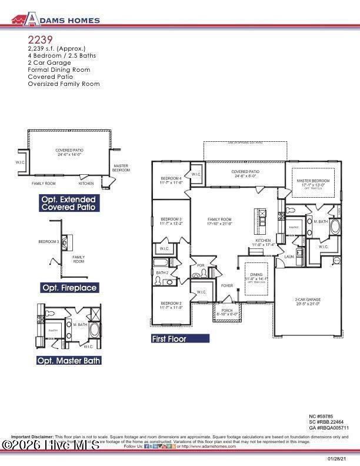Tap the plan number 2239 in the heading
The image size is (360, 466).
point(39,39)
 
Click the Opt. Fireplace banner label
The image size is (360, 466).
point(69,288)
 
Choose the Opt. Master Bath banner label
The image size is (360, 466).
point(69,360)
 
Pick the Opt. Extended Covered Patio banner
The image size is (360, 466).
point(68,204)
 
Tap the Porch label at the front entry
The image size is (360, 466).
point(226,311)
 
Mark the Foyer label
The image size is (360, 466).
point(227,286)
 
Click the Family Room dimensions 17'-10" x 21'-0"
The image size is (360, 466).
point(220,224)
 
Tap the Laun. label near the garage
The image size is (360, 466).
point(289,257)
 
